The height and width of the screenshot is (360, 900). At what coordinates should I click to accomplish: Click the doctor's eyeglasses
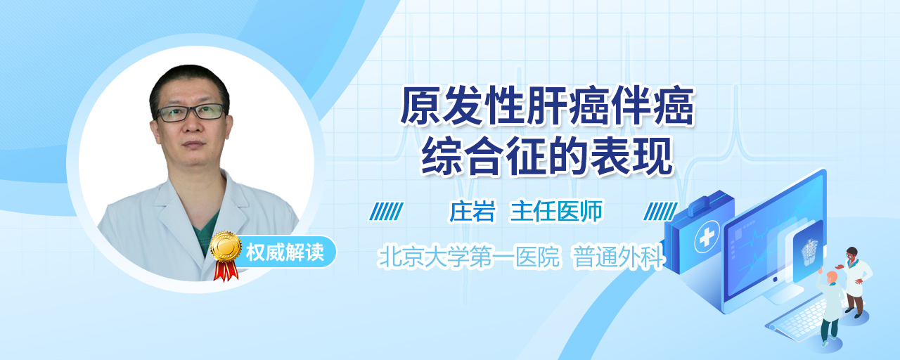pyautogui.click(x=191, y=112)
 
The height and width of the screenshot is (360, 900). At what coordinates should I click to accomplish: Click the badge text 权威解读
pyautogui.click(x=285, y=252)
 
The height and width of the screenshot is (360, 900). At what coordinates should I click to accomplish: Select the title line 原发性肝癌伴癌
pyautogui.click(x=547, y=105)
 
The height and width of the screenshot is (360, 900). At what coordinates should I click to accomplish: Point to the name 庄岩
pyautogui.click(x=472, y=212)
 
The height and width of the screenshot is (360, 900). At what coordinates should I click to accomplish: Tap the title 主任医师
pyautogui.click(x=556, y=212)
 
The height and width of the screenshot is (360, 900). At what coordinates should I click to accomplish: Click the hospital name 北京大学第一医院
pyautogui.click(x=469, y=257)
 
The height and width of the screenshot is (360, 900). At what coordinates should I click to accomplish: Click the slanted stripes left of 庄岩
pyautogui.click(x=386, y=212)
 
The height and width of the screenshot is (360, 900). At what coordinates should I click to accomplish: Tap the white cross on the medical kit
pyautogui.click(x=707, y=237)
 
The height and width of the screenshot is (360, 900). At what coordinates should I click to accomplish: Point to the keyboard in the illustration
pyautogui.click(x=799, y=319)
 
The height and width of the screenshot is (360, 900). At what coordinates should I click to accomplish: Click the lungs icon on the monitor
pyautogui.click(x=809, y=251)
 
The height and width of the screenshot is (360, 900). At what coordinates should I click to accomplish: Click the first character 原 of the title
pyautogui.click(x=420, y=105)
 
